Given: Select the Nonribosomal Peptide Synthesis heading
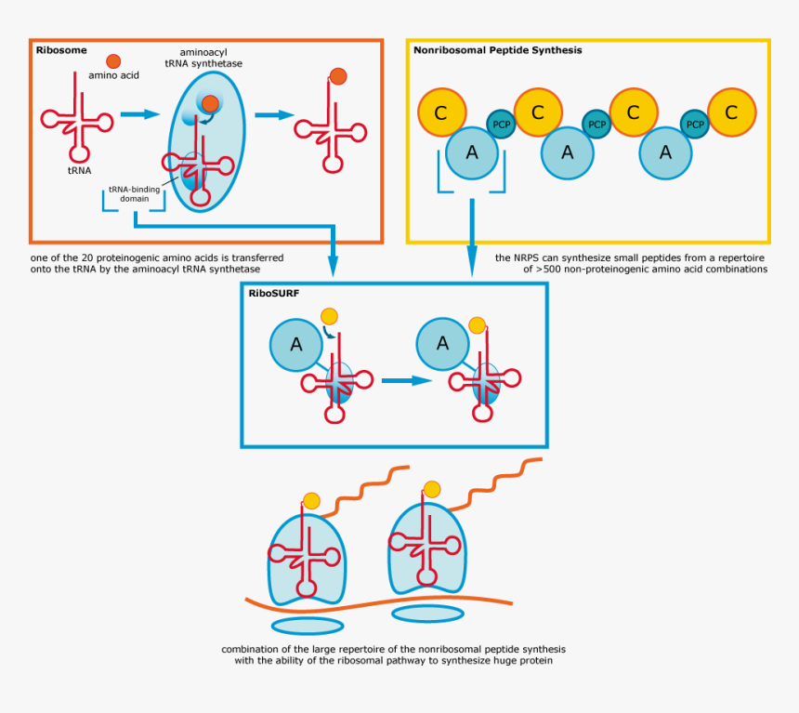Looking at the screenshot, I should tap(497, 50).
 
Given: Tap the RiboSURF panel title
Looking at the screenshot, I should tap(273, 293).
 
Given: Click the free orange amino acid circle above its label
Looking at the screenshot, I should tap(113, 60).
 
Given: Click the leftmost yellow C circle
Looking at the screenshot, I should tap(441, 112).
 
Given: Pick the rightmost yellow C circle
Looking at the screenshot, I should tap(731, 112).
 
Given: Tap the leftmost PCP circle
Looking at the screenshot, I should tap(501, 124).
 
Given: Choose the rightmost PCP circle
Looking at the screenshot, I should tap(693, 124).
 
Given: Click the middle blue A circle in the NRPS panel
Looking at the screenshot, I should tap(567, 152).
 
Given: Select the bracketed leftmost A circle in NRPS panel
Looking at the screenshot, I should tap(471, 152).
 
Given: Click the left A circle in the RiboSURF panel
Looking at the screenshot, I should tap(295, 345).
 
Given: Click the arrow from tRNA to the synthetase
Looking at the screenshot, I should tap(140, 114).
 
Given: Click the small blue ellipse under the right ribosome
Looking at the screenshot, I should tap(427, 614).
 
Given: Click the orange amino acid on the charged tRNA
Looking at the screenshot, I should tap(338, 76).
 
